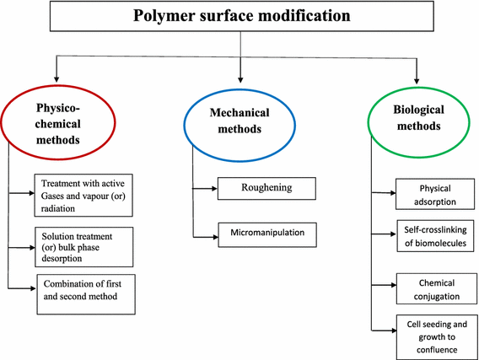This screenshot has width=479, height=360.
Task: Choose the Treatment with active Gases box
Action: (x=85, y=193)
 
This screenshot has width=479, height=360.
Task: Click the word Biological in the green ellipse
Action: (x=419, y=110)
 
